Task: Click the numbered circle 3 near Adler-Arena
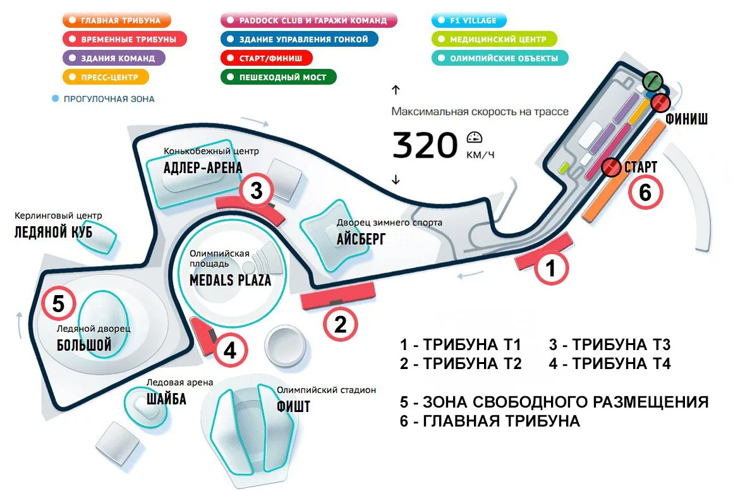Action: click(256, 191)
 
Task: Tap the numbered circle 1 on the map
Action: click(551, 269)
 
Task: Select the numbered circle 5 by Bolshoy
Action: click(58, 304)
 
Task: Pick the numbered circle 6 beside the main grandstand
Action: click(645, 191)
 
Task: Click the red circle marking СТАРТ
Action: click(610, 167)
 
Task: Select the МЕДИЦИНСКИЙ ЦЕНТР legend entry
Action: click(493, 39)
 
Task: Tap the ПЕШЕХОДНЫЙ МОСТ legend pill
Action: click(277, 77)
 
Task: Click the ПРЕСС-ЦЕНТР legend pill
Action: click(106, 77)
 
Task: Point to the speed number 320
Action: click(424, 145)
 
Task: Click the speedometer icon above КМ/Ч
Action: click(475, 137)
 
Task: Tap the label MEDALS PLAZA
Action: click(230, 279)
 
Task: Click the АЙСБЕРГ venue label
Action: click(361, 238)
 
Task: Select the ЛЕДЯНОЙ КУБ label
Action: click(53, 232)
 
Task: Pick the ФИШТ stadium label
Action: click(293, 406)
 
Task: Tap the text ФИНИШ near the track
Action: click(686, 119)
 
